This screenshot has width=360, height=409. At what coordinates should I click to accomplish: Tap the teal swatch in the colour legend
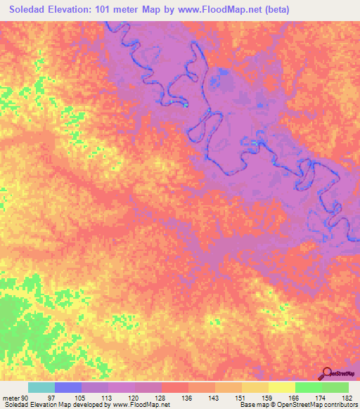[x=41, y=388]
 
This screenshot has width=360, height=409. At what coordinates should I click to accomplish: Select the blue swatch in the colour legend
[x=68, y=388]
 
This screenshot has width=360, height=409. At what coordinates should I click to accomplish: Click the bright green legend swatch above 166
[x=309, y=388]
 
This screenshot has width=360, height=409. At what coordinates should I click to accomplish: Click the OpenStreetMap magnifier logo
[x=328, y=373]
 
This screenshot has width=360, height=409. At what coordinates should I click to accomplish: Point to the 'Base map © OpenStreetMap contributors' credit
[x=299, y=404]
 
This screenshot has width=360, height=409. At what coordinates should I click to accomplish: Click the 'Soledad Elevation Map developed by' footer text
[x=56, y=404]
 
